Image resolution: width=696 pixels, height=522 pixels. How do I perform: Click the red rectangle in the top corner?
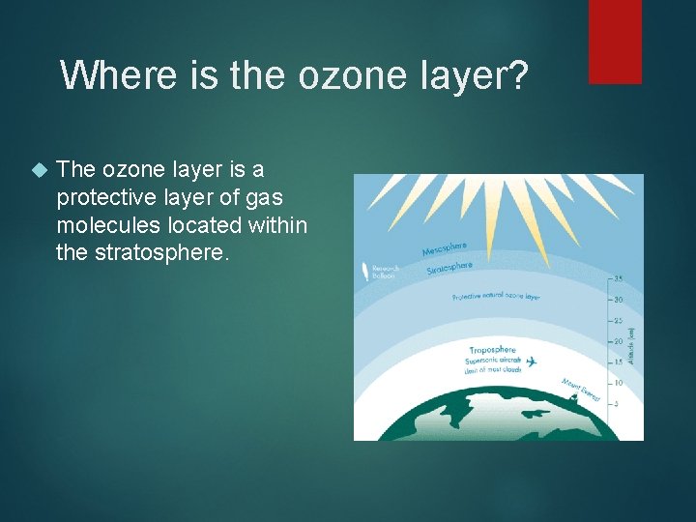615,41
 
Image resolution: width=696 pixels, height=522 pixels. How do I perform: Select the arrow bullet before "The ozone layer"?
39,171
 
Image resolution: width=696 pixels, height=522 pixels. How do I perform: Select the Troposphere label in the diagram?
492,349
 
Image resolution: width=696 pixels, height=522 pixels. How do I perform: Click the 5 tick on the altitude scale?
616,404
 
